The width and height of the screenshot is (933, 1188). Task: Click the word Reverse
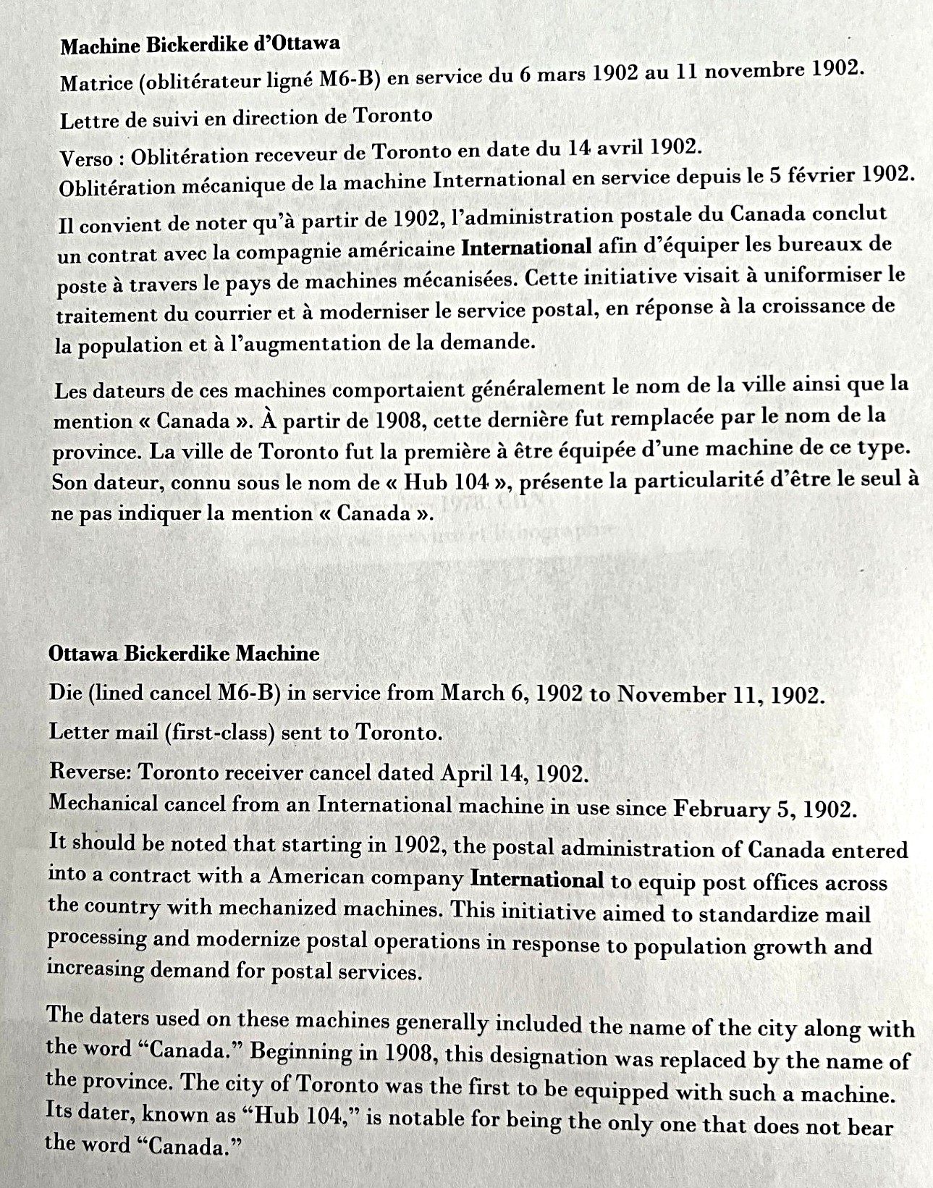[x=89, y=771]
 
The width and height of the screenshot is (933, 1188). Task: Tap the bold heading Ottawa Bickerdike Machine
[x=184, y=654]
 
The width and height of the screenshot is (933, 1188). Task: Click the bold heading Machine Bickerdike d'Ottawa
[x=200, y=45]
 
